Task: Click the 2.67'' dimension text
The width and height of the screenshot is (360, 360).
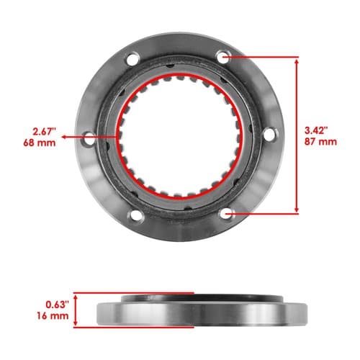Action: tap(45, 132)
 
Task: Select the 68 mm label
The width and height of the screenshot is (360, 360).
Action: tap(40, 143)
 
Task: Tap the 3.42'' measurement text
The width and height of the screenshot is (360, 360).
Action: tap(316, 131)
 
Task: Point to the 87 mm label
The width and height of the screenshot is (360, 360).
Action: tap(320, 142)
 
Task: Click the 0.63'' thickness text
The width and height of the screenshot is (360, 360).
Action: tap(58, 305)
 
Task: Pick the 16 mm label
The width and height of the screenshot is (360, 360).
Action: tap(53, 315)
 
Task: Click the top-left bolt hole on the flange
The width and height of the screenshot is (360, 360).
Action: tap(132, 59)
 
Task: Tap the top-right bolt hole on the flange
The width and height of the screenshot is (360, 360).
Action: tap(223, 57)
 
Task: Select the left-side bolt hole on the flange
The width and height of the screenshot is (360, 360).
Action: tap(89, 138)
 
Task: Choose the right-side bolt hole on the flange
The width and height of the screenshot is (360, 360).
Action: tap(269, 135)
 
